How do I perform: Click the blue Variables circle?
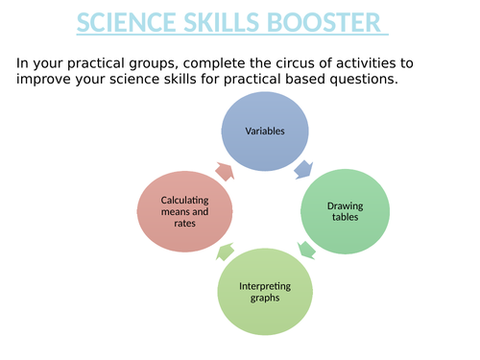[263, 131]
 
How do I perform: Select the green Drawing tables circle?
[345, 212]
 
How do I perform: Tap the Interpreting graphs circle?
[263, 292]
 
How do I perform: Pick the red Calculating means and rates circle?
[184, 211]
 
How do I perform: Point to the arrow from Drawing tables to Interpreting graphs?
[306, 251]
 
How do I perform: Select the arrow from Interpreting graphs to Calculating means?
[224, 252]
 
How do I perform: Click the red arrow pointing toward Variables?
[224, 171]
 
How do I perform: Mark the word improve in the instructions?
[43, 80]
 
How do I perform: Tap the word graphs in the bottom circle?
[263, 299]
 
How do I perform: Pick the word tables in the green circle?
[345, 219]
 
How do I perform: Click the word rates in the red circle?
[184, 225]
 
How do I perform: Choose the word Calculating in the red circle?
[184, 199]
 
